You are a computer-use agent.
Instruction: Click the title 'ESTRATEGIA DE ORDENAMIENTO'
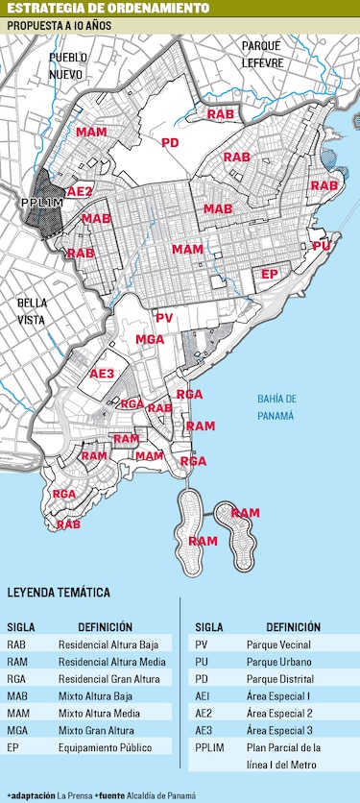(x=108, y=9)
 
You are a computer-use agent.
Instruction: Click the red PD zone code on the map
(x=170, y=143)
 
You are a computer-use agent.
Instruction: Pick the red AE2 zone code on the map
(x=80, y=191)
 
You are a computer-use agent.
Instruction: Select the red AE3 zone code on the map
(x=102, y=374)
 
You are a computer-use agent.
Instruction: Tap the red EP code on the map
(x=270, y=274)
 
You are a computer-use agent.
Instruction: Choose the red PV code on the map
(x=164, y=318)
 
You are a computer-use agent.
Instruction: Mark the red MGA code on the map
(x=150, y=339)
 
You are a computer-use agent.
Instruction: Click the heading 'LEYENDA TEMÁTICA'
(x=59, y=593)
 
